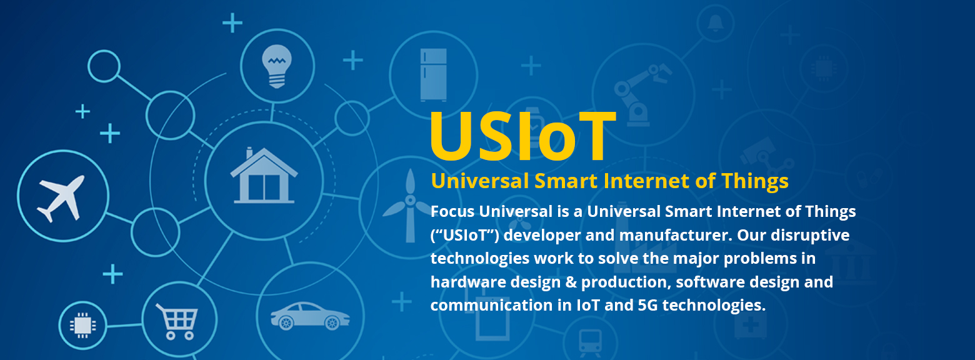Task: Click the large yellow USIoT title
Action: (522, 136)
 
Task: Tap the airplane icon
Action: (61, 197)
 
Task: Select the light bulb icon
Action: (277, 66)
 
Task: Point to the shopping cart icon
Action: (177, 322)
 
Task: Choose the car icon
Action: (310, 316)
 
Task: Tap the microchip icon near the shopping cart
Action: (82, 325)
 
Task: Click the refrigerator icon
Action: (433, 75)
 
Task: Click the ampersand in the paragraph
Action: (571, 282)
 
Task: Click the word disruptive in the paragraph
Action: (810, 236)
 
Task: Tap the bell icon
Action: (716, 23)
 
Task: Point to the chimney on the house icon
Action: (249, 152)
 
